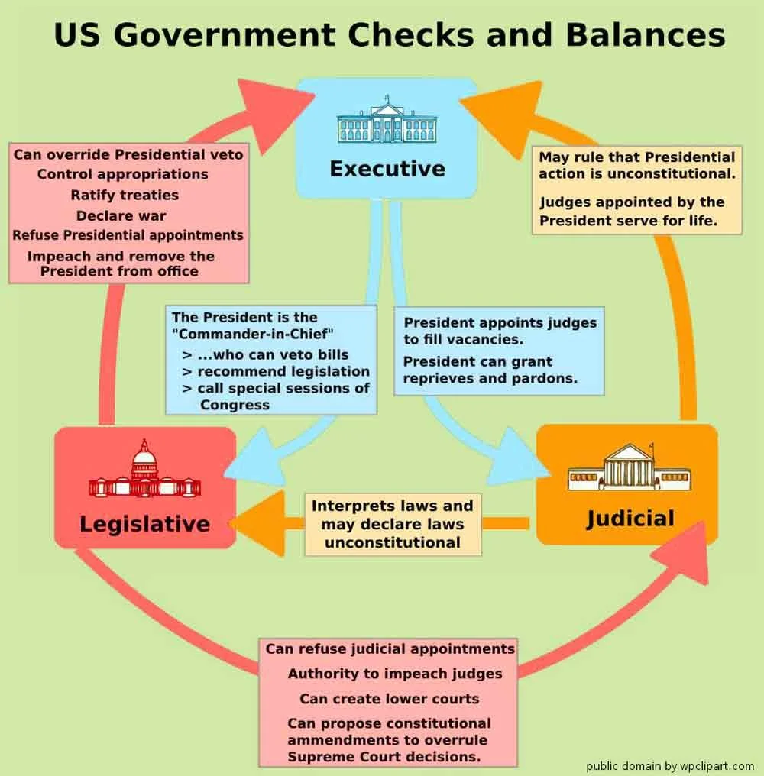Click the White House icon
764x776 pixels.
click(x=387, y=121)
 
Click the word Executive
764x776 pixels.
click(x=387, y=168)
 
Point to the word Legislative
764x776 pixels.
click(x=144, y=524)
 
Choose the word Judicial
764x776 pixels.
click(x=630, y=519)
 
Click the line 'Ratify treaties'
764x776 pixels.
click(x=125, y=195)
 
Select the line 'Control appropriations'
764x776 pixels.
click(x=123, y=174)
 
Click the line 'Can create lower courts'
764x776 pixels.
click(x=389, y=698)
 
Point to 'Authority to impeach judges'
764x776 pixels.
click(x=395, y=674)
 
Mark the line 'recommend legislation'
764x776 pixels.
click(x=283, y=371)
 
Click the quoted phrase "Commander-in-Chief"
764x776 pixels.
click(x=254, y=334)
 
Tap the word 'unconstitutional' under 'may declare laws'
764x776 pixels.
click(x=393, y=542)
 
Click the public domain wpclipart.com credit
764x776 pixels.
click(x=669, y=766)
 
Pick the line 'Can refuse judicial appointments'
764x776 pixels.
click(x=390, y=649)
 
